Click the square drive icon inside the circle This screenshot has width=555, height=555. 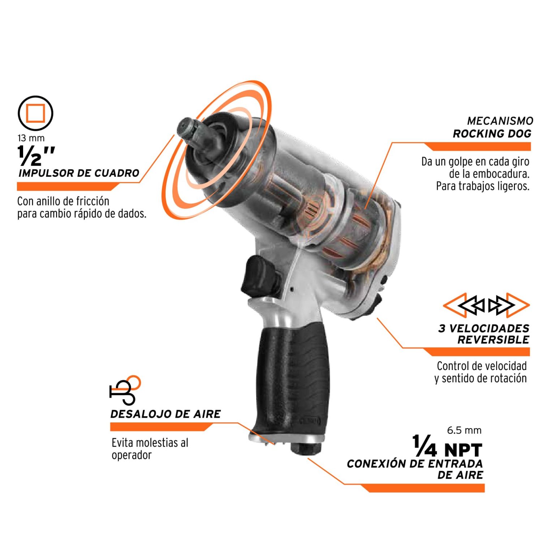click(x=35, y=113)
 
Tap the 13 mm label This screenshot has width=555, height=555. click(x=31, y=138)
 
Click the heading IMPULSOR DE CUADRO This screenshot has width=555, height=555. click(x=79, y=173)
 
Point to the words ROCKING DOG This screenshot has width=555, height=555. click(x=492, y=134)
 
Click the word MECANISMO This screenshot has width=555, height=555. click(x=500, y=121)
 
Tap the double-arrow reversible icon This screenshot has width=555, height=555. click(x=486, y=305)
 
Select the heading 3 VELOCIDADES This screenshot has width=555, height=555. click(x=484, y=328)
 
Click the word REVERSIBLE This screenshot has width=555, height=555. click(x=493, y=340)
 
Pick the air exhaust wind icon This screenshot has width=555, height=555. click(x=125, y=390)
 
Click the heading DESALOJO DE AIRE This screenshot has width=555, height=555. click(x=165, y=414)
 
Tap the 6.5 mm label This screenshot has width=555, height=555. click(x=464, y=430)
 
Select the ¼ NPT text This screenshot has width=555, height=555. click(x=447, y=447)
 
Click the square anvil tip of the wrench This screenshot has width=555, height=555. click(x=187, y=130)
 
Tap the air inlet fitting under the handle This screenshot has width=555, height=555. click(x=306, y=448)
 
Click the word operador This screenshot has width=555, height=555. click(x=132, y=455)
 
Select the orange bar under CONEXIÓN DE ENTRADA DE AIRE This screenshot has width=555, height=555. click(x=422, y=488)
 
